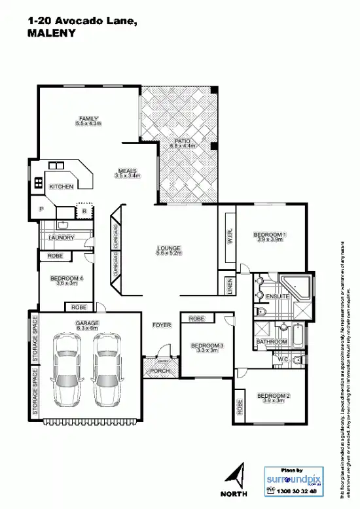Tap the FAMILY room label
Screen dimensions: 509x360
coord(88,118)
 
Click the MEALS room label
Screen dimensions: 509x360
coord(127,171)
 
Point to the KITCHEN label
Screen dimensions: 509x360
coord(62,186)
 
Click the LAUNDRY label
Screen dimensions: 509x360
coord(62,237)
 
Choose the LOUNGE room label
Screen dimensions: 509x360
coord(168,248)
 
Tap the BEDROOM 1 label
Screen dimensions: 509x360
coord(270,235)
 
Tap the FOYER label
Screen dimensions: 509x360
coord(162,325)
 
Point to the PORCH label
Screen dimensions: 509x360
coord(160,371)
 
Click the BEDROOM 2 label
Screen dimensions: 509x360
coord(273,396)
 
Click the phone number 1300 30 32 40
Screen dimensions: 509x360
coord(297,490)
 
